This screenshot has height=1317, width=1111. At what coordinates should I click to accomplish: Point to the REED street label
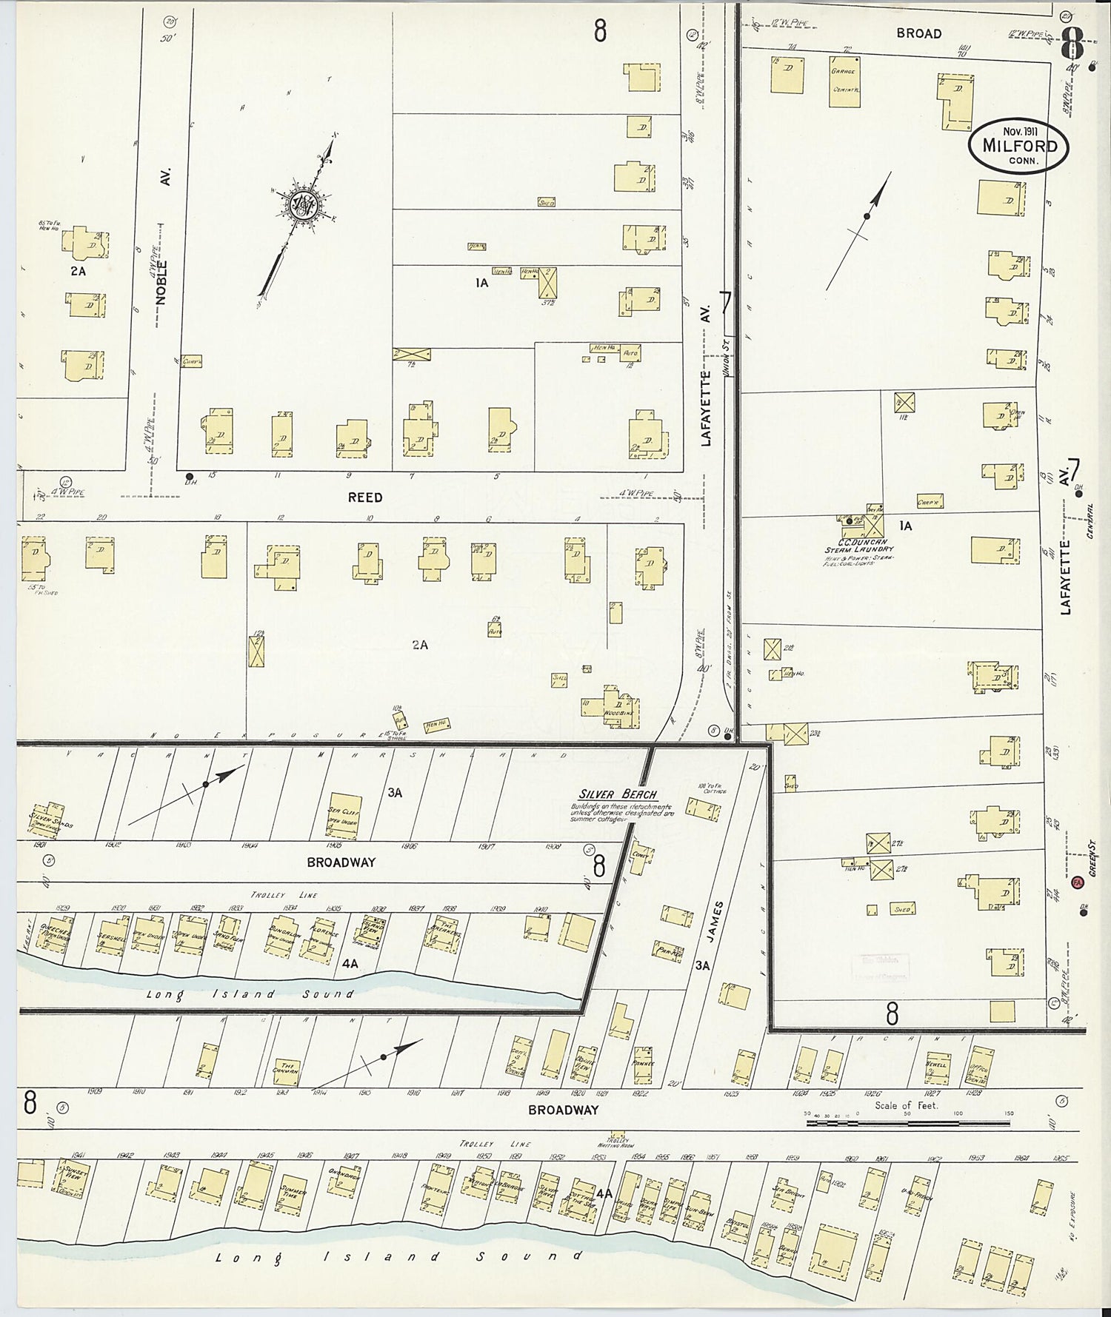[365, 497]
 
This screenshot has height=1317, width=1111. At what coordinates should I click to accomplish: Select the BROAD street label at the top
[918, 33]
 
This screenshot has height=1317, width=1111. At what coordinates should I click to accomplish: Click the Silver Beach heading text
[618, 794]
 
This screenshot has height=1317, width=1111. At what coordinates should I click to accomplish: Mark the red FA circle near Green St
[1077, 882]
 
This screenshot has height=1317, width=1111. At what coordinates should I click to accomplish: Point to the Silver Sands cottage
[48, 817]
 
